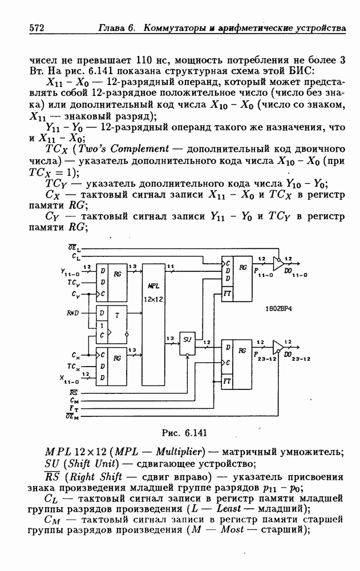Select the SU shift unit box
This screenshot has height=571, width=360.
point(187,339)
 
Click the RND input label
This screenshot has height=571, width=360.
point(72,312)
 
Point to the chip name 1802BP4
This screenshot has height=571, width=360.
point(278,308)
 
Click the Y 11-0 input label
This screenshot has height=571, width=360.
point(71,273)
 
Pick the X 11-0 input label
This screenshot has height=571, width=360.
point(71,377)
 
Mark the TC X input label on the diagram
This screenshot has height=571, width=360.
point(72,366)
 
